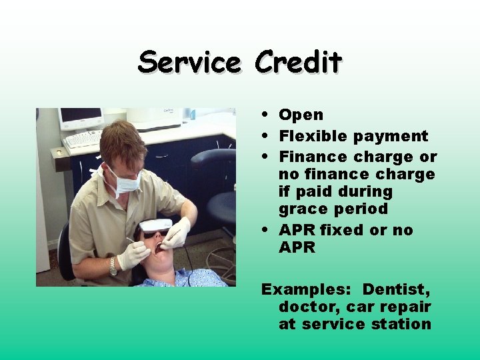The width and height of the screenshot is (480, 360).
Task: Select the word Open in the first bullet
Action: click(x=301, y=115)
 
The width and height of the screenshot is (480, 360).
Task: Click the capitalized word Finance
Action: click(x=313, y=157)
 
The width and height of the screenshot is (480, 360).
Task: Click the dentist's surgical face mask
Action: click(x=124, y=181)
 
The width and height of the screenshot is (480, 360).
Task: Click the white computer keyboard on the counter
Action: click(x=84, y=139)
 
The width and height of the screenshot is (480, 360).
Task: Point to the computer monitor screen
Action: click(x=81, y=115)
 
